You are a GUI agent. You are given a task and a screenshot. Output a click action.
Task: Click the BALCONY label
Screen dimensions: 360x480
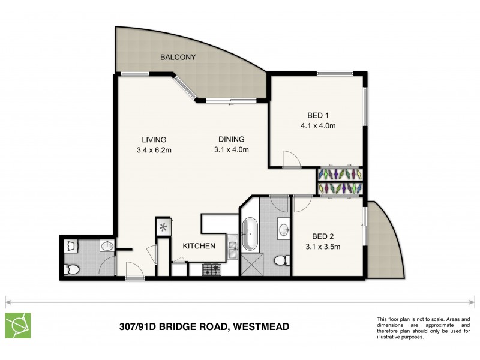click(178, 57)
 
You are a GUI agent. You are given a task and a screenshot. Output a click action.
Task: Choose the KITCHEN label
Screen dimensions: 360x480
click(199, 245)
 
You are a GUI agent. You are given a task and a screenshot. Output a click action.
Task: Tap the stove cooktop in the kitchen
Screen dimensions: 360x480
click(212, 271)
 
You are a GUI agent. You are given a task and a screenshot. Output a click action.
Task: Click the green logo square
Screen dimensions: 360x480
click(17, 325)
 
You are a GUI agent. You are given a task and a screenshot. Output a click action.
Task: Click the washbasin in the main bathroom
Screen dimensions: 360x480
click(283, 228)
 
